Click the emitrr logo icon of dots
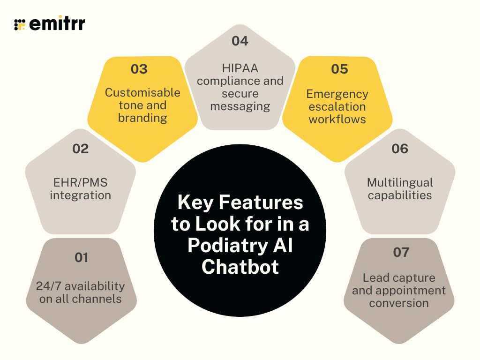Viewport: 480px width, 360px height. [x=20, y=25]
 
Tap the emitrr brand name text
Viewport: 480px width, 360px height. [x=57, y=24]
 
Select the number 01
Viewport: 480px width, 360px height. [x=81, y=257]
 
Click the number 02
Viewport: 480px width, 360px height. [x=80, y=149]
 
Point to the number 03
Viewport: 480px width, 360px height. [x=139, y=69]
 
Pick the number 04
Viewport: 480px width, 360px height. [x=240, y=41]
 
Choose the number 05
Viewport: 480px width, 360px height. [x=339, y=69]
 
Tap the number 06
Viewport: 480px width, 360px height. [x=400, y=149]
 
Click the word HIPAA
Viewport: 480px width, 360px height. [x=240, y=68]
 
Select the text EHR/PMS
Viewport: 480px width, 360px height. [x=80, y=182]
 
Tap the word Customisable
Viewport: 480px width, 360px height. [x=142, y=92]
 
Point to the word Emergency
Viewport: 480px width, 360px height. [x=337, y=94]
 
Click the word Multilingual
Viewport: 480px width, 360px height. [x=400, y=182]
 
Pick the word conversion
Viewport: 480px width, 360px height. [x=399, y=303]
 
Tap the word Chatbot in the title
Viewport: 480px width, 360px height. [x=240, y=267]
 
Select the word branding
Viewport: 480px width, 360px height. [x=142, y=118]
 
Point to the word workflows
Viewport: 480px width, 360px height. [x=337, y=119]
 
